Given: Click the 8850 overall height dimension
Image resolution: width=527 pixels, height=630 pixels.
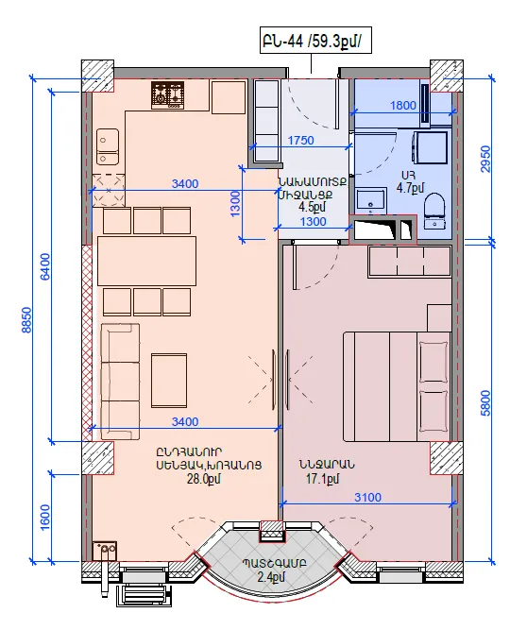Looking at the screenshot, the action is [x=25, y=320].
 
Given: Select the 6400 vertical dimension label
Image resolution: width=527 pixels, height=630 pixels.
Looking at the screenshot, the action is [x=45, y=266].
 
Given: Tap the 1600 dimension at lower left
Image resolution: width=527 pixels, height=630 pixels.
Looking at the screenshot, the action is [x=45, y=517].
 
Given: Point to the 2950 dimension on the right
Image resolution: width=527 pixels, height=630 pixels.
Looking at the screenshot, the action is [x=485, y=159].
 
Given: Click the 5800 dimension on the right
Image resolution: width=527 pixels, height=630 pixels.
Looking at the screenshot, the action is [x=485, y=403].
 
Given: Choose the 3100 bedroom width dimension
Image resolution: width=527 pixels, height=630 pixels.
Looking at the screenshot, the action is [x=367, y=498].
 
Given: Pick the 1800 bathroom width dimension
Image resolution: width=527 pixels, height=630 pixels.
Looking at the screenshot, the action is [x=403, y=105].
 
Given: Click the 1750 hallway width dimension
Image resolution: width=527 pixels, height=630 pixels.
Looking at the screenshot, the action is [x=301, y=140].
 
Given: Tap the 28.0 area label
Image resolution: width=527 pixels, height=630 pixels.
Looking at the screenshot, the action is [x=203, y=479].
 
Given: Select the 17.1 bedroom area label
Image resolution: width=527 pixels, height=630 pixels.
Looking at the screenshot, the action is [x=323, y=479].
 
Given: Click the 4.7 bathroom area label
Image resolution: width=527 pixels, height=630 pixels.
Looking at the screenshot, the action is [x=410, y=188].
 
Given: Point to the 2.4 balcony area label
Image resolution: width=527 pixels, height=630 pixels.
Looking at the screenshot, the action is [x=271, y=577].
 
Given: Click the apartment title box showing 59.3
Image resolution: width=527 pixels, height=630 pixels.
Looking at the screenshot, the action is [x=315, y=41].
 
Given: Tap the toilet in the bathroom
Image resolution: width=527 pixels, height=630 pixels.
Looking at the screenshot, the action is [x=435, y=211].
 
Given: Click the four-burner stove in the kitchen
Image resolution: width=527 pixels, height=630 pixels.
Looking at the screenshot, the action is [x=168, y=95].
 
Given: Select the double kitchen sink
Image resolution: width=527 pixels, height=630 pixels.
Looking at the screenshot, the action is [x=108, y=146].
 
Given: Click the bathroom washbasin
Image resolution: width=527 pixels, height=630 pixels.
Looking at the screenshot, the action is [x=371, y=202].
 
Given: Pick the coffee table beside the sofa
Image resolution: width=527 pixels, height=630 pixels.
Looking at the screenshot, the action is [x=169, y=380].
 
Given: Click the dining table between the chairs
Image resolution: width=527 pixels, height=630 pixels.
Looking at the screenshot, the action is [x=146, y=261].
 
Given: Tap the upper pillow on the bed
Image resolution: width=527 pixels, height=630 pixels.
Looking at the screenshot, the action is [x=433, y=362].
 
